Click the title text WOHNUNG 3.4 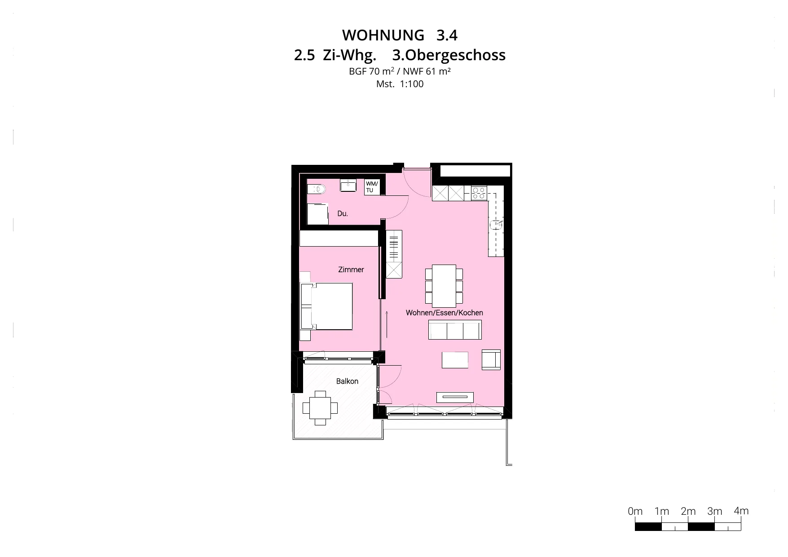[x=400, y=35]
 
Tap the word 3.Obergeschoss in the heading [x=449, y=55]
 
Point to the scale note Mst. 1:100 [x=400, y=84]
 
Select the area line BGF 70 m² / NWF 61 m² [x=400, y=71]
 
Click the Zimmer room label [x=351, y=270]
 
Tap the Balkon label [x=348, y=381]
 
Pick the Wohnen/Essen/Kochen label [x=445, y=313]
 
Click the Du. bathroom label [x=343, y=213]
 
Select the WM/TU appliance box [x=372, y=187]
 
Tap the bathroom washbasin [x=348, y=185]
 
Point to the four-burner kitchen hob [x=479, y=193]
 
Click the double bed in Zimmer [x=327, y=306]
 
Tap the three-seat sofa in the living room [x=455, y=330]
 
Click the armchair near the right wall [x=491, y=360]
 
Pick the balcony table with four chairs [x=320, y=408]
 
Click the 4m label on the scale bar [x=741, y=511]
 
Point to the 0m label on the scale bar [x=635, y=511]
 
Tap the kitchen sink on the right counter [x=497, y=223]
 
